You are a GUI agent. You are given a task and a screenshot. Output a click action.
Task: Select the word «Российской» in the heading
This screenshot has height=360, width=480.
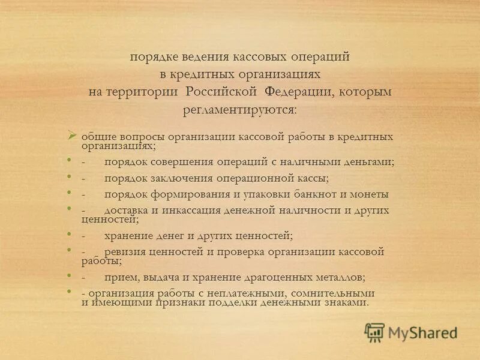(x=221, y=92)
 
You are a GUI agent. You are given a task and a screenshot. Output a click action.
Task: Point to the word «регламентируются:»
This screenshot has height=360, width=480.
(x=239, y=110)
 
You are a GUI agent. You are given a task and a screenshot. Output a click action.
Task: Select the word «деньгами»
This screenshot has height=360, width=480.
(x=368, y=162)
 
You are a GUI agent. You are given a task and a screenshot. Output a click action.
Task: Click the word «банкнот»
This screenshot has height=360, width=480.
(x=313, y=194)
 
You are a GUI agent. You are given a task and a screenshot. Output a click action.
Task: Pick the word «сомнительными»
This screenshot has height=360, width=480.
(x=332, y=293)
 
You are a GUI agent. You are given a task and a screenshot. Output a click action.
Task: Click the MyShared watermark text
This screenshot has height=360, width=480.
(x=422, y=332)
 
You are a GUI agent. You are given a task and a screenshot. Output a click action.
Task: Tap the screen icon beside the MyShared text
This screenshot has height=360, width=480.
(x=374, y=332)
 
